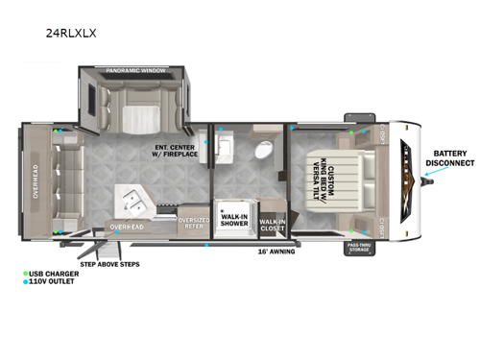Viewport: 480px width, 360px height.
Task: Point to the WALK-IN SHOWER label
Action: [x=234, y=218]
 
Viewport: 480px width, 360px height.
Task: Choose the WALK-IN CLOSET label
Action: [x=273, y=225]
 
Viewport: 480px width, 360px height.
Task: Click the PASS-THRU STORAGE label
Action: [x=358, y=248]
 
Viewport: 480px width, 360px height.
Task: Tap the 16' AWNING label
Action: [x=276, y=252]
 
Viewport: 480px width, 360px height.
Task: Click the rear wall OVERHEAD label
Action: [x=36, y=181]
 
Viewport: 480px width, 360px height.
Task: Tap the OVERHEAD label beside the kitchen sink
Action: [x=126, y=228]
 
